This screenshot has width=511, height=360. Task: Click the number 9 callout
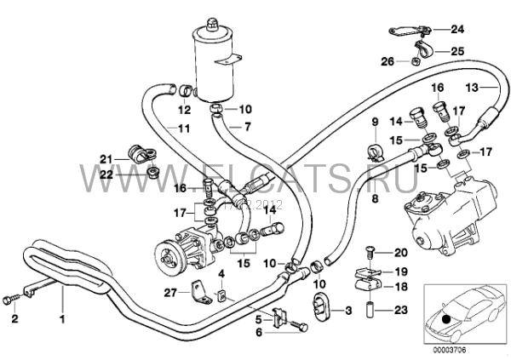click(x=373, y=125)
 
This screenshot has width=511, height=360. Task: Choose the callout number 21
click(x=105, y=158)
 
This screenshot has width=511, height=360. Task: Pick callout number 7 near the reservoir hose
click(x=248, y=127)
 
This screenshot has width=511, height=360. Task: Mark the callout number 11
click(x=183, y=129)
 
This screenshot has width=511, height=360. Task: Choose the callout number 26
click(x=386, y=61)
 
